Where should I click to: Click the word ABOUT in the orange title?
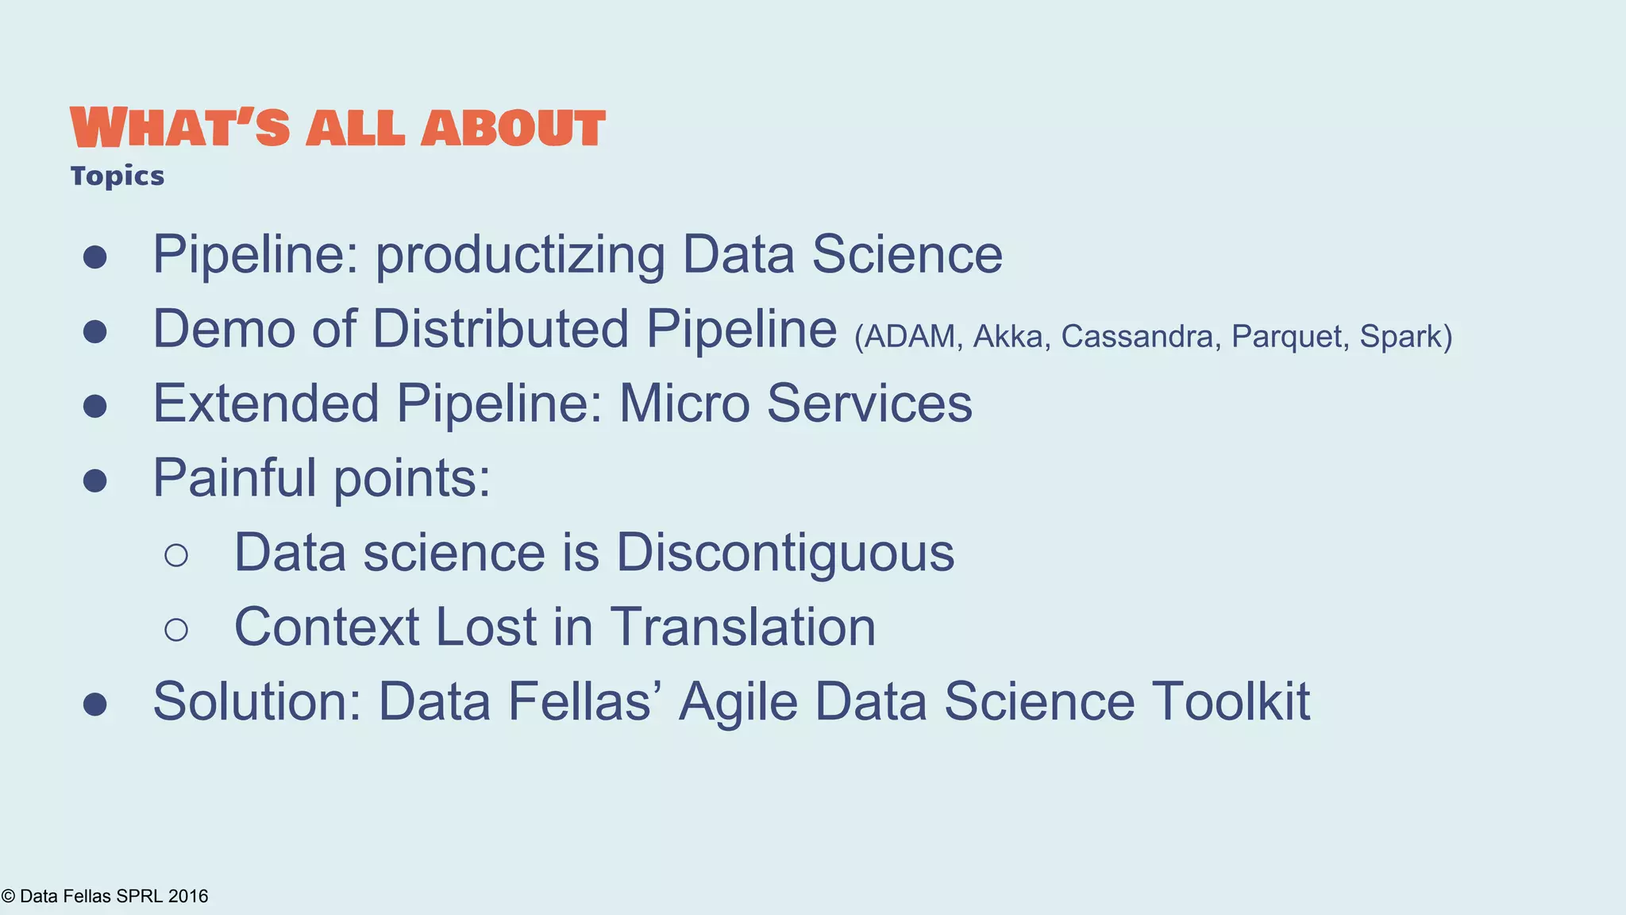coord(513,129)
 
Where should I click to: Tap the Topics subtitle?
coord(117,176)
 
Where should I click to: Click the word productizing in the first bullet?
coord(520,255)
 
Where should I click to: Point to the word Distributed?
coord(501,329)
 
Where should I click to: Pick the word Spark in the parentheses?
coord(1401,337)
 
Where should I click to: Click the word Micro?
coord(684,403)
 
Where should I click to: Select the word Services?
coord(869,403)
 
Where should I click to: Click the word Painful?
coord(234,478)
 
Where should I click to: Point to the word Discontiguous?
coord(784,553)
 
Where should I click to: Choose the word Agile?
coord(738,702)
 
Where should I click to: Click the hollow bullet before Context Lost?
coord(176,630)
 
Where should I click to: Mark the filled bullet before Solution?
coord(95,704)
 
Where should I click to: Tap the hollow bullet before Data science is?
coord(176,555)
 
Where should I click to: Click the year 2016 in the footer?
coord(188,896)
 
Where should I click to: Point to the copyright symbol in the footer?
coord(8,897)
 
